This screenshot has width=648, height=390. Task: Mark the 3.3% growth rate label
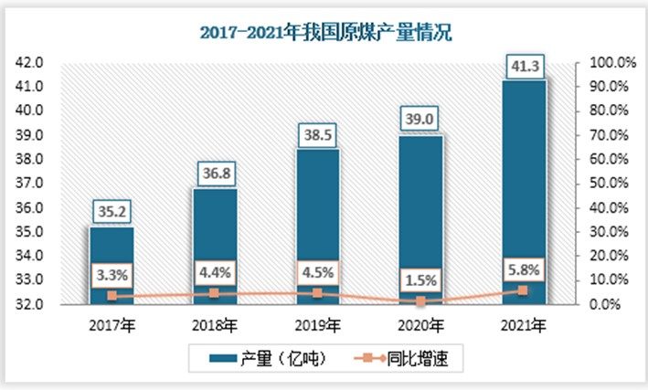(112, 275)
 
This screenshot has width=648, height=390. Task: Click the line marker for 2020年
(421, 300)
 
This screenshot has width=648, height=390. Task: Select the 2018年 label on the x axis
(215, 324)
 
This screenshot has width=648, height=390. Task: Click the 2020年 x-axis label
(421, 324)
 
